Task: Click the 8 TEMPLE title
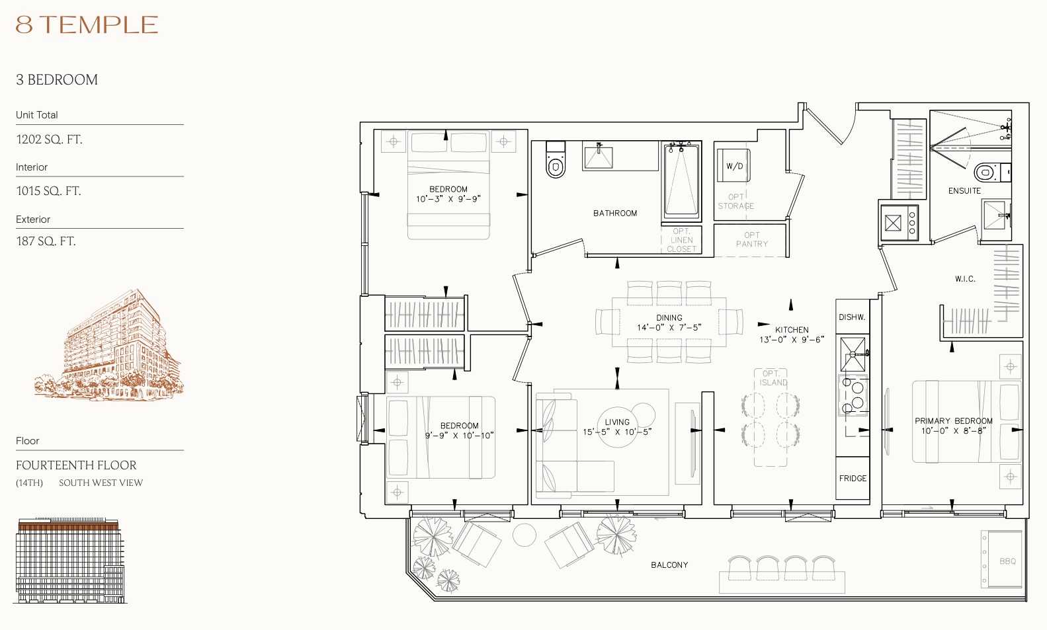[87, 24]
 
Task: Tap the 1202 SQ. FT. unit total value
[49, 139]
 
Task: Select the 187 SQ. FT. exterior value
[46, 241]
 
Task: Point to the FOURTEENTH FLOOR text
[76, 465]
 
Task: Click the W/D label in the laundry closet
[734, 166]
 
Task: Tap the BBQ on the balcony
[1003, 559]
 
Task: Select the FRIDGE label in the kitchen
[853, 478]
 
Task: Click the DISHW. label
[852, 317]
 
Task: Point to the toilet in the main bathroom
[556, 160]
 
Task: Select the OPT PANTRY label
[751, 239]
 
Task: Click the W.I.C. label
[965, 279]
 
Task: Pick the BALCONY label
[669, 565]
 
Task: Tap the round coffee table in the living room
[618, 427]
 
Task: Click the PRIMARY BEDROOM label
[954, 421]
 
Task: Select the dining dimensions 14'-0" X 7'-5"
[669, 327]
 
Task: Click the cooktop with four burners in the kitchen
[853, 395]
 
